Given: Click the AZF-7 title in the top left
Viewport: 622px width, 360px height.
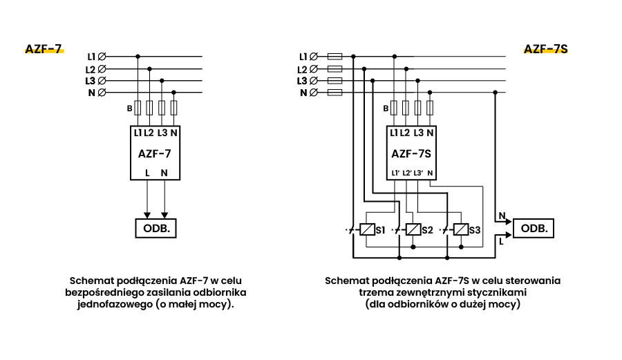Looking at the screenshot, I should (44, 49).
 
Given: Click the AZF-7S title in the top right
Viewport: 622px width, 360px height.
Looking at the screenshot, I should (546, 49).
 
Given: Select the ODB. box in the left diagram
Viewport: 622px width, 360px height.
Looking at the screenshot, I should (156, 227).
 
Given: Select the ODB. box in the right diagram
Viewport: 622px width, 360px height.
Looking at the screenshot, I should (534, 227).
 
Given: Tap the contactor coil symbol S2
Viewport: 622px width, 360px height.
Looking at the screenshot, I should (413, 229).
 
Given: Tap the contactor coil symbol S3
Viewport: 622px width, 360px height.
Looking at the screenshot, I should (461, 229).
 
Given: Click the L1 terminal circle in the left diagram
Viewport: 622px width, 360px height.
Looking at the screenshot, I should (103, 56).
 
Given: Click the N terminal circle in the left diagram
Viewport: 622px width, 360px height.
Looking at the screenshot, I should (103, 93).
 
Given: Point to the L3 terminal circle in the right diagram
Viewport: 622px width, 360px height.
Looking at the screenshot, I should (314, 81).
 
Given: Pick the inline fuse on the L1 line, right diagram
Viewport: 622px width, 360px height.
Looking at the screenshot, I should (335, 56).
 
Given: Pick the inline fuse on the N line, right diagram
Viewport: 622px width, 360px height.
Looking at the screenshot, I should (335, 93).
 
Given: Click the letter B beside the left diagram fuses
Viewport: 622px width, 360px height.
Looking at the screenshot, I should (129, 108).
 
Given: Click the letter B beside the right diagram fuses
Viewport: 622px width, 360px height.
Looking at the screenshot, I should (386, 108).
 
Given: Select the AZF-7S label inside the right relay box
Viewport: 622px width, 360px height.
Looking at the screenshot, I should (411, 153).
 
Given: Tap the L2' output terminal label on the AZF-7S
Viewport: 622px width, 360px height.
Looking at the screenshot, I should (406, 173).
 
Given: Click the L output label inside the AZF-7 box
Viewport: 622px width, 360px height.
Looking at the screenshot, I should (147, 173).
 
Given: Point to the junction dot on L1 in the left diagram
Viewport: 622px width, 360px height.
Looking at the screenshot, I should (138, 56).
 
